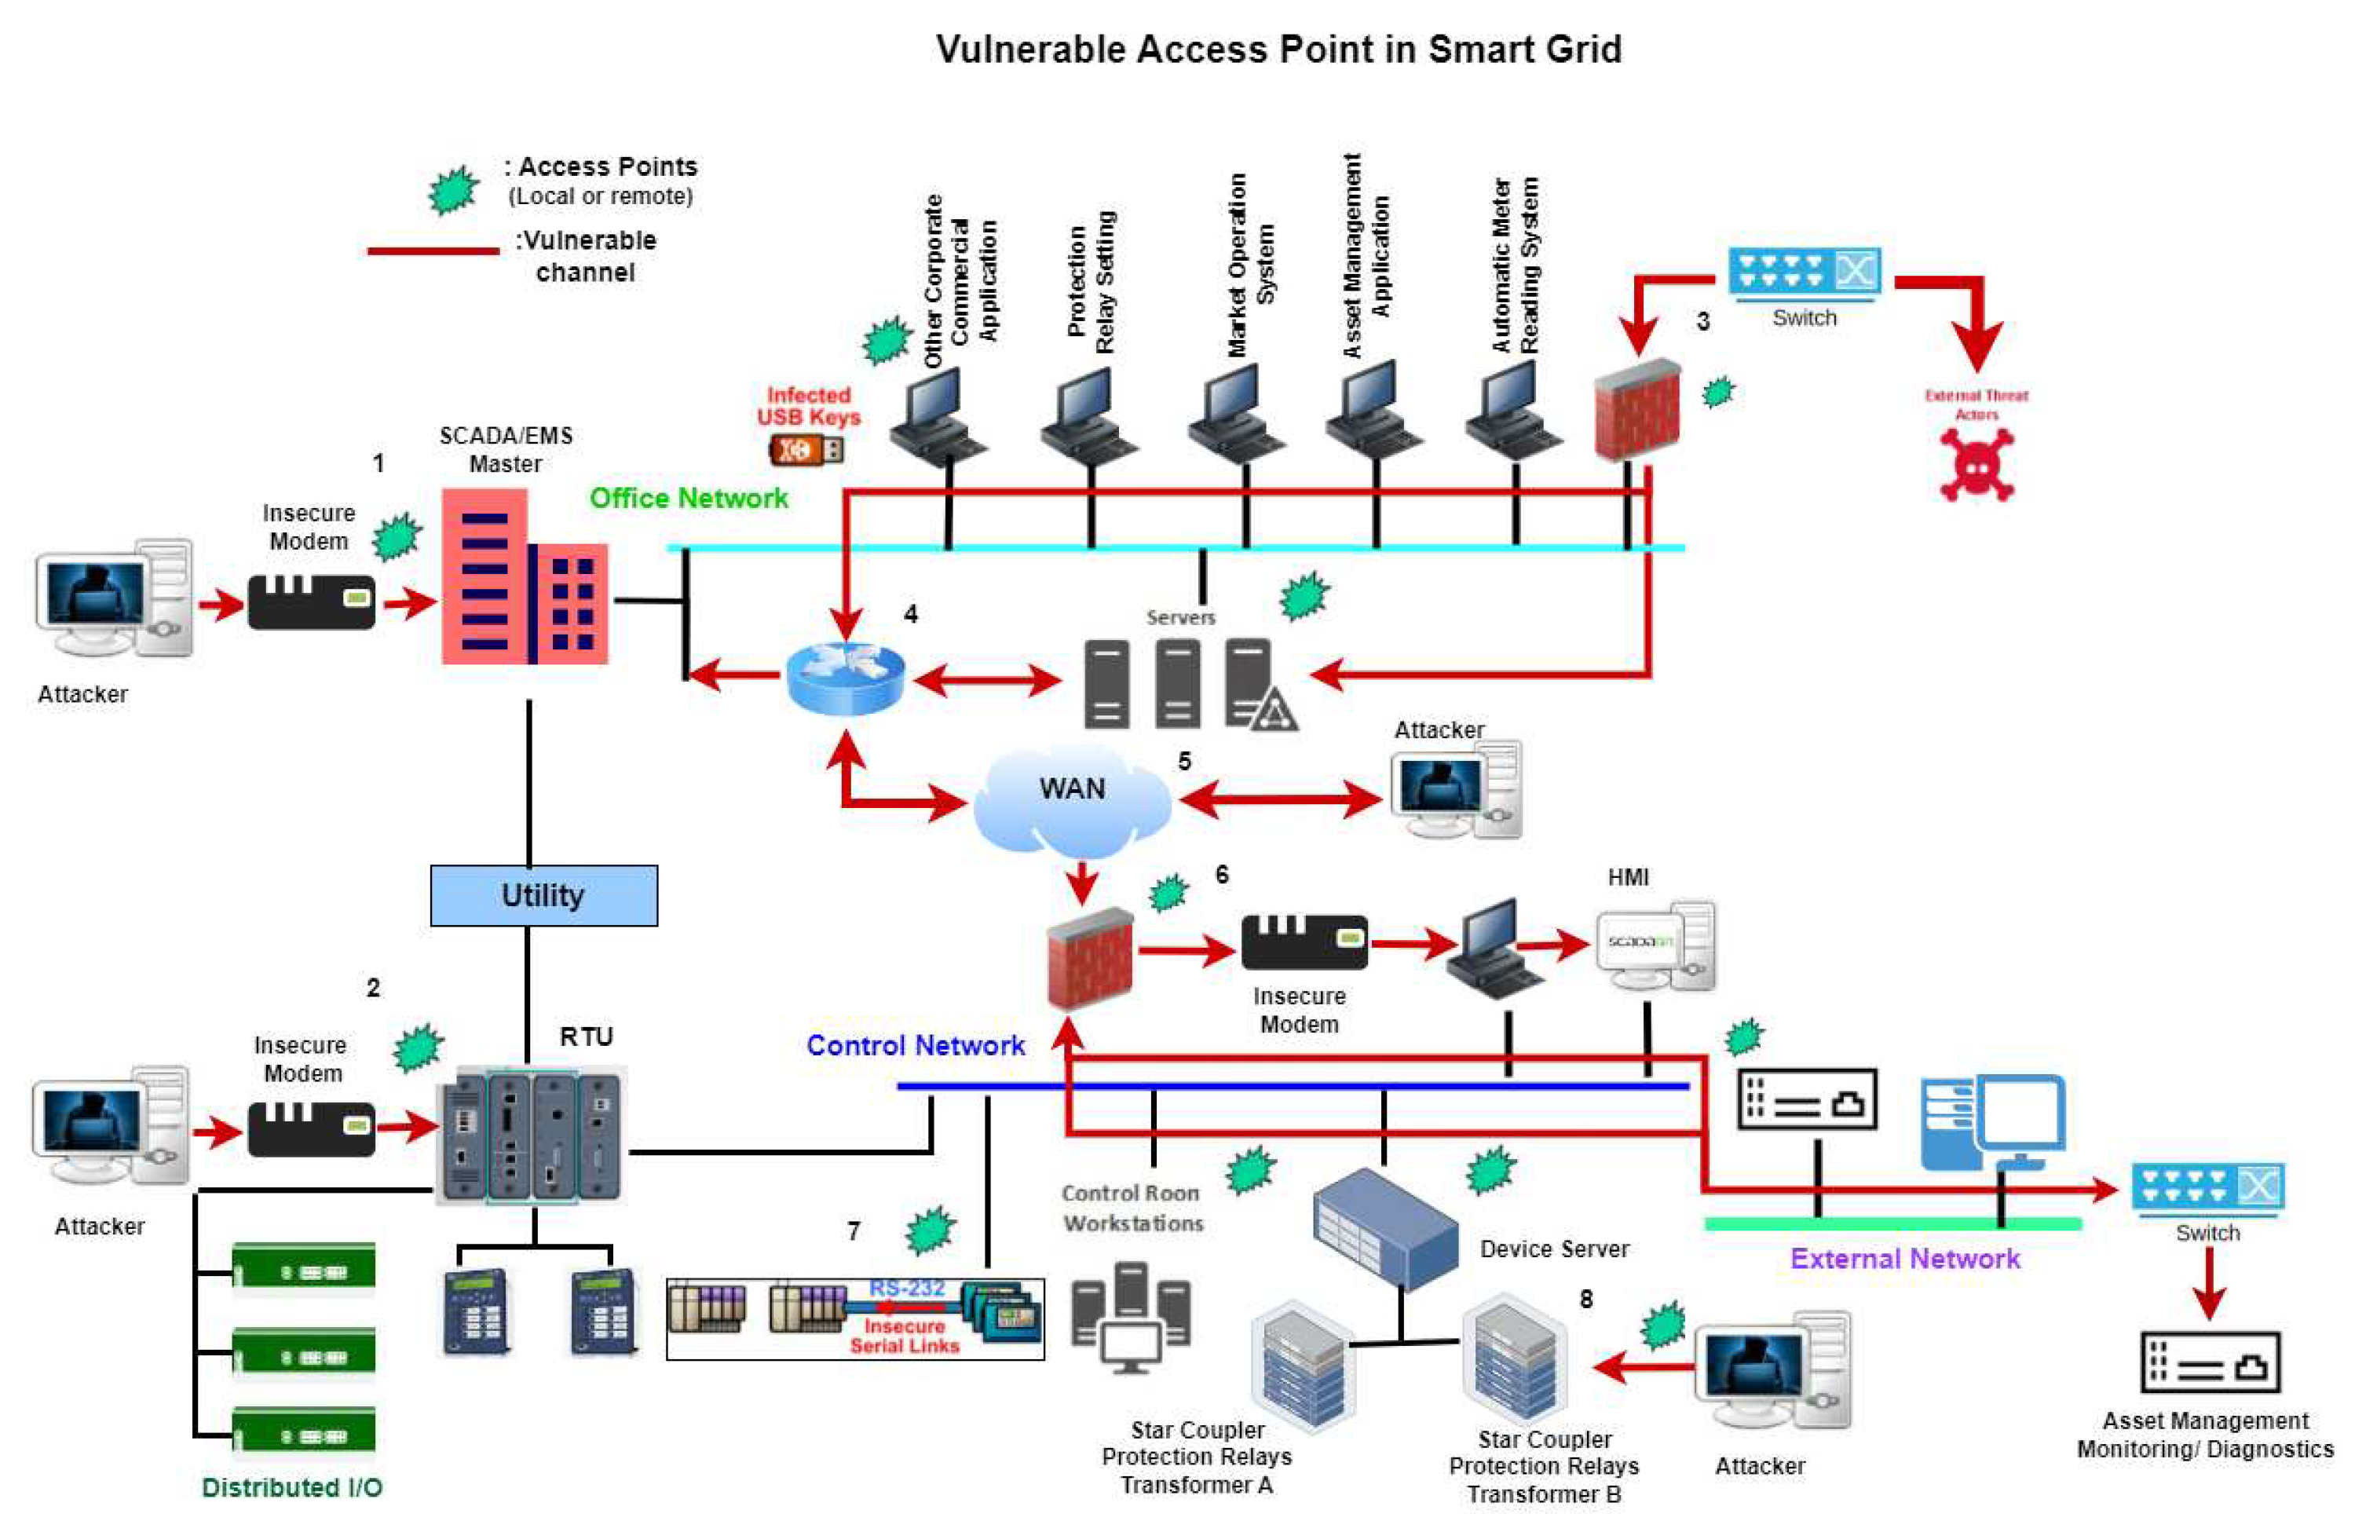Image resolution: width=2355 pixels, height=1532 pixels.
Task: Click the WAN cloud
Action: coord(1073,799)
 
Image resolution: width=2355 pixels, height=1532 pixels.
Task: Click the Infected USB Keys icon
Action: coord(806,450)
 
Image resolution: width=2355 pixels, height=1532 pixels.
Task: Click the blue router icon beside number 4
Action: coord(845,678)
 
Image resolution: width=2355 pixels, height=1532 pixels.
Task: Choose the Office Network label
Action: coord(689,498)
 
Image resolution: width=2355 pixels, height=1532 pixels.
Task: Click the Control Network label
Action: coord(916,1045)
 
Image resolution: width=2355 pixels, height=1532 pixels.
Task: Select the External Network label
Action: coord(1905,1259)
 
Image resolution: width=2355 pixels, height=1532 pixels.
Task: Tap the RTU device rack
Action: coord(532,1135)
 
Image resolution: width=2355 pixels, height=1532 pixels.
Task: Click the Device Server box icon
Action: coord(1385,1227)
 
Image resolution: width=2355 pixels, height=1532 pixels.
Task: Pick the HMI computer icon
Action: coord(1655,945)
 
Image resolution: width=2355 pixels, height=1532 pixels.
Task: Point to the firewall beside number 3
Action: coord(1637,410)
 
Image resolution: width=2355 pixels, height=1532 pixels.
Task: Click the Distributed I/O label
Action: coord(292,1487)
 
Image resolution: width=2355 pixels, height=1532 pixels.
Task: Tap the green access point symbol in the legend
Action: coord(453,189)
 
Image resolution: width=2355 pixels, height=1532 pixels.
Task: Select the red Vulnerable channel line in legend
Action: coord(433,251)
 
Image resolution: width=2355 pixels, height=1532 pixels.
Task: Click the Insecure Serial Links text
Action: coord(905,1336)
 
